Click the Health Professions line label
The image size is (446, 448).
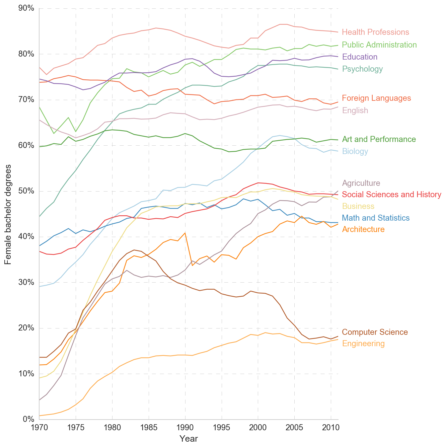(x=375, y=32)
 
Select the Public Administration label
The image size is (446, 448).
(x=379, y=45)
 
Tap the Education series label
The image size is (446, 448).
(x=360, y=57)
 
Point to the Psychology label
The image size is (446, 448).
(x=362, y=69)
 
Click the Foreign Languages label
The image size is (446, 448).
(x=376, y=98)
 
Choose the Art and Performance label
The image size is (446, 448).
(x=379, y=139)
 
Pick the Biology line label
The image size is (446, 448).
(x=355, y=151)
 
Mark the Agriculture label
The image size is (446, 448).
(x=361, y=183)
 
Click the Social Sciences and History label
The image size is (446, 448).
(x=391, y=195)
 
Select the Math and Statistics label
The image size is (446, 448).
(x=376, y=218)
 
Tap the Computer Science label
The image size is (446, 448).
(x=375, y=332)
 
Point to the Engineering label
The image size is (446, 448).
(x=363, y=344)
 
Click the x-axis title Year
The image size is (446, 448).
(x=189, y=439)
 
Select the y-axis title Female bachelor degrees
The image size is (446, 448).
(x=8, y=214)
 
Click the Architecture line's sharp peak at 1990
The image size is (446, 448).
(x=185, y=233)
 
